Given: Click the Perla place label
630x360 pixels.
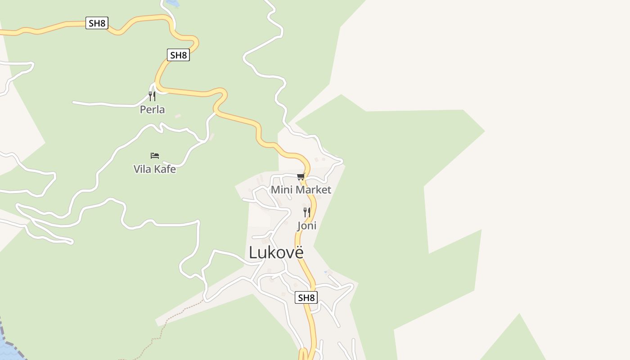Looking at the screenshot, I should pyautogui.click(x=152, y=109).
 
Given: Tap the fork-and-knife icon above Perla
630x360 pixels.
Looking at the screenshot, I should pyautogui.click(x=152, y=96).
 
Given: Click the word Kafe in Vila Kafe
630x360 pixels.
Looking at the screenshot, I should pyautogui.click(x=164, y=169).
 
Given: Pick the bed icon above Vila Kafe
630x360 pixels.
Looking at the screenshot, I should pyautogui.click(x=155, y=156).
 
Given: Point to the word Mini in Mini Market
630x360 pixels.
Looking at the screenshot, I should pyautogui.click(x=281, y=189).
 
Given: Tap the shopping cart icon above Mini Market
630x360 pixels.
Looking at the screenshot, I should pyautogui.click(x=301, y=176).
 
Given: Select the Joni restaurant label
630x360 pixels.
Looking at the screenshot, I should pyautogui.click(x=306, y=225).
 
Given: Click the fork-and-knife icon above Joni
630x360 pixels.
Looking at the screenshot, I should pyautogui.click(x=307, y=212).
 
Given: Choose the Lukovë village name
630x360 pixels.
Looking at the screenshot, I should pyautogui.click(x=276, y=252).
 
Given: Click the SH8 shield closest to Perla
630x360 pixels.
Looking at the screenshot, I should pyautogui.click(x=178, y=55).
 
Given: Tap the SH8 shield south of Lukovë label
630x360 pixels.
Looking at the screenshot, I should pyautogui.click(x=306, y=297).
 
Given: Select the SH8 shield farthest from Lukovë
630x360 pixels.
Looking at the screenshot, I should pyautogui.click(x=97, y=23).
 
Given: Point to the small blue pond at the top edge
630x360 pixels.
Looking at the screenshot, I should pyautogui.click(x=173, y=3).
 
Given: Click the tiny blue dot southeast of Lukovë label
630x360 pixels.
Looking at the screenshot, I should pyautogui.click(x=325, y=272).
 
